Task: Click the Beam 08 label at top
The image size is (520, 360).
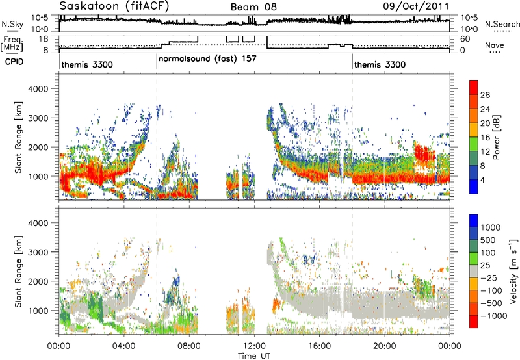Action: [253, 7]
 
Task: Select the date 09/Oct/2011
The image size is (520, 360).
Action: [416, 6]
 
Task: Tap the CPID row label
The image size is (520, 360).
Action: [14, 62]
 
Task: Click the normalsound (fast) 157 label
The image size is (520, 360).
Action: [207, 59]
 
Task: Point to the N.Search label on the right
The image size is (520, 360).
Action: [502, 24]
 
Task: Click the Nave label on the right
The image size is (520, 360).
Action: [495, 45]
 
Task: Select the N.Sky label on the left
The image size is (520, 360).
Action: [12, 24]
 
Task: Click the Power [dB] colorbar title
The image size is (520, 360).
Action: [496, 137]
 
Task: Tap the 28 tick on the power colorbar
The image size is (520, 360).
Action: [485, 95]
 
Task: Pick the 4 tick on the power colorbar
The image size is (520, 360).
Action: [483, 181]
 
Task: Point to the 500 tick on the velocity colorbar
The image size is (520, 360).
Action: [488, 240]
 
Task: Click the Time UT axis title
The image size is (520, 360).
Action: [254, 356]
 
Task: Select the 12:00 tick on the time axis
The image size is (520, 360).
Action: [254, 346]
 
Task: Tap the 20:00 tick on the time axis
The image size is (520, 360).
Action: [385, 346]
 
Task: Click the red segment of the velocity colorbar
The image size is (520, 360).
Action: [474, 322]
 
